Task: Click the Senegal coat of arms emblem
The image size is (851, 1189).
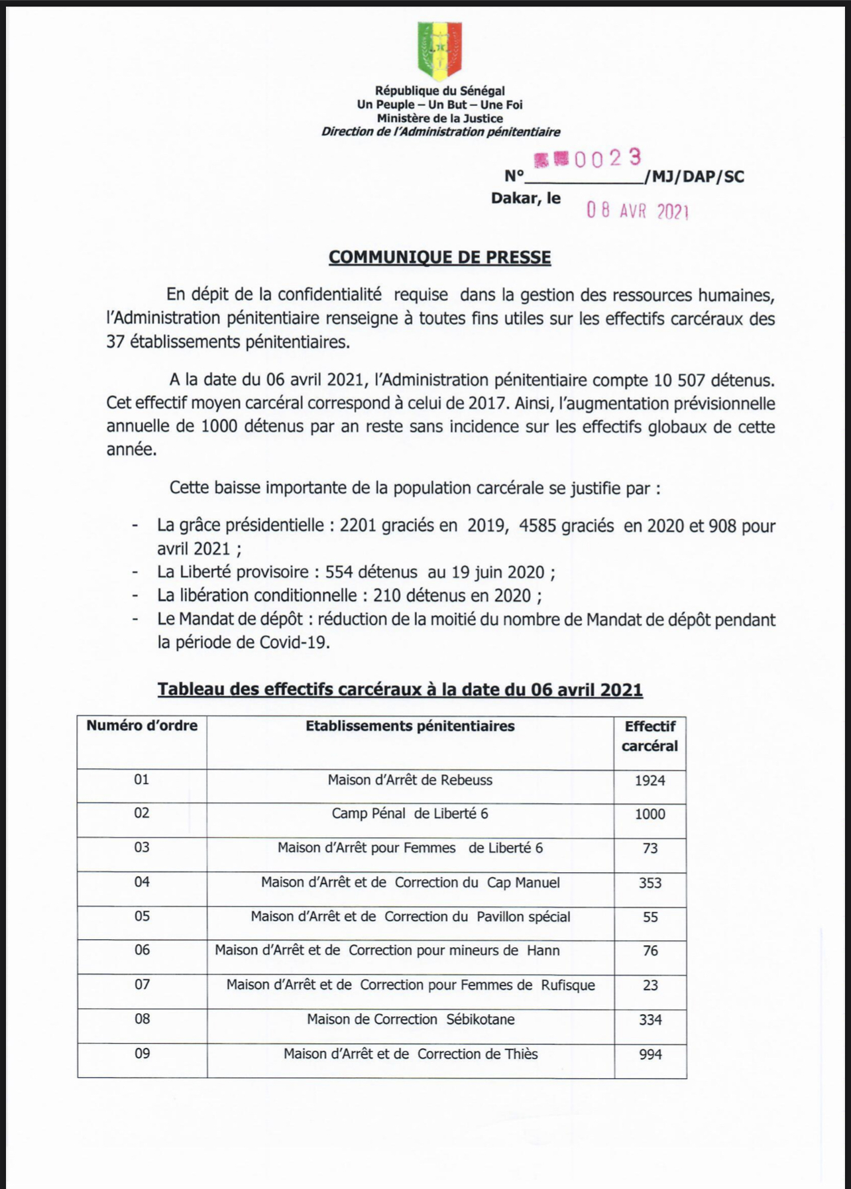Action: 439,50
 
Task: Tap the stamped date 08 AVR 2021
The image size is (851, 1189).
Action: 638,211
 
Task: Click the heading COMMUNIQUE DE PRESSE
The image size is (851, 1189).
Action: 439,257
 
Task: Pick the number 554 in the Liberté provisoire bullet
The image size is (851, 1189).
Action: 338,572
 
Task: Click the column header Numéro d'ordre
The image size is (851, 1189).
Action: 142,726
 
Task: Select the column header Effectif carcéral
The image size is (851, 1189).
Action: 650,736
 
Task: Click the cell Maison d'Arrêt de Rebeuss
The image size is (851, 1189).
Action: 410,780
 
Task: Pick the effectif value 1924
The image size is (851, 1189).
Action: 650,781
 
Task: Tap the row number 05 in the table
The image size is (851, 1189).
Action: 142,916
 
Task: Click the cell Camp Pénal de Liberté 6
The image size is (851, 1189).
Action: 410,814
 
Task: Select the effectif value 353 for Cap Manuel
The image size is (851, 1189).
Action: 650,883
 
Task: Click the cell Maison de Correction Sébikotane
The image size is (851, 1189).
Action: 410,1019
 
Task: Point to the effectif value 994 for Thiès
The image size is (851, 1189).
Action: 650,1054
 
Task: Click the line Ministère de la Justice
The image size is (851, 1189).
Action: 439,119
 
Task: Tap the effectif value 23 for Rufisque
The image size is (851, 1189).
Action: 650,986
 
